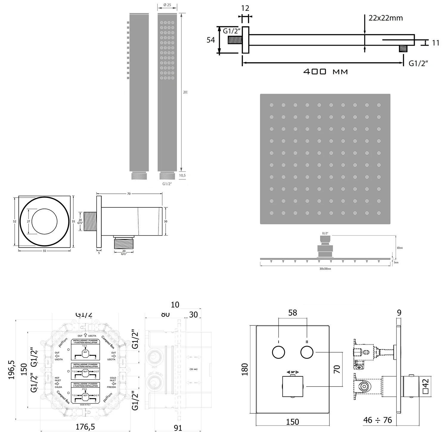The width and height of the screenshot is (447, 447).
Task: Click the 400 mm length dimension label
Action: [325, 72]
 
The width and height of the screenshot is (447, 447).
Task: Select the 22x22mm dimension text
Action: [386, 18]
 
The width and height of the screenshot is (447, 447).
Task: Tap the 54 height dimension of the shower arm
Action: [211, 40]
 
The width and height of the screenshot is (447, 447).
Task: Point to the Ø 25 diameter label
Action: [167, 5]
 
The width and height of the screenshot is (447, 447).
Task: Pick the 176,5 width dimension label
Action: [85, 427]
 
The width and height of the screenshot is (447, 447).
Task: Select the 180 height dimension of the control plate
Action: [245, 369]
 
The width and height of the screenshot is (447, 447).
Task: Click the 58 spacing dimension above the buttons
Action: [293, 313]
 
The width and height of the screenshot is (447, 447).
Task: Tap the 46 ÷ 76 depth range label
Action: [378, 420]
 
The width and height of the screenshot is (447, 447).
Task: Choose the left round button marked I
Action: [278, 353]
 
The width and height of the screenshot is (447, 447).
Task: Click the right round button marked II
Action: [307, 353]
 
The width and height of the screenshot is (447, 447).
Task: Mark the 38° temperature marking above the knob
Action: [293, 372]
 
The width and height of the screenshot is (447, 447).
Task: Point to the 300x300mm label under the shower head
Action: [325, 269]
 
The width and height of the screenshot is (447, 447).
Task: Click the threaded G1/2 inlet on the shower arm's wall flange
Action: [235, 40]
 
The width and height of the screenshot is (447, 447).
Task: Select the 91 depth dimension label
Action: [178, 428]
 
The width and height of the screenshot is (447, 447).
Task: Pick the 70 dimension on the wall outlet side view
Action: [129, 194]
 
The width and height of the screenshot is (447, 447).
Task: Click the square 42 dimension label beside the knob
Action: [426, 387]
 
